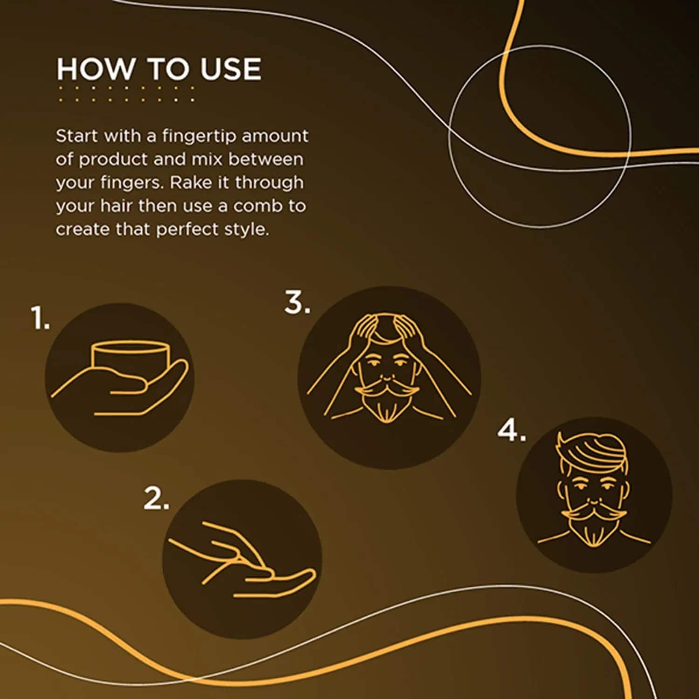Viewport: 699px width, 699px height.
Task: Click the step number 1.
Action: click(x=40, y=318)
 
